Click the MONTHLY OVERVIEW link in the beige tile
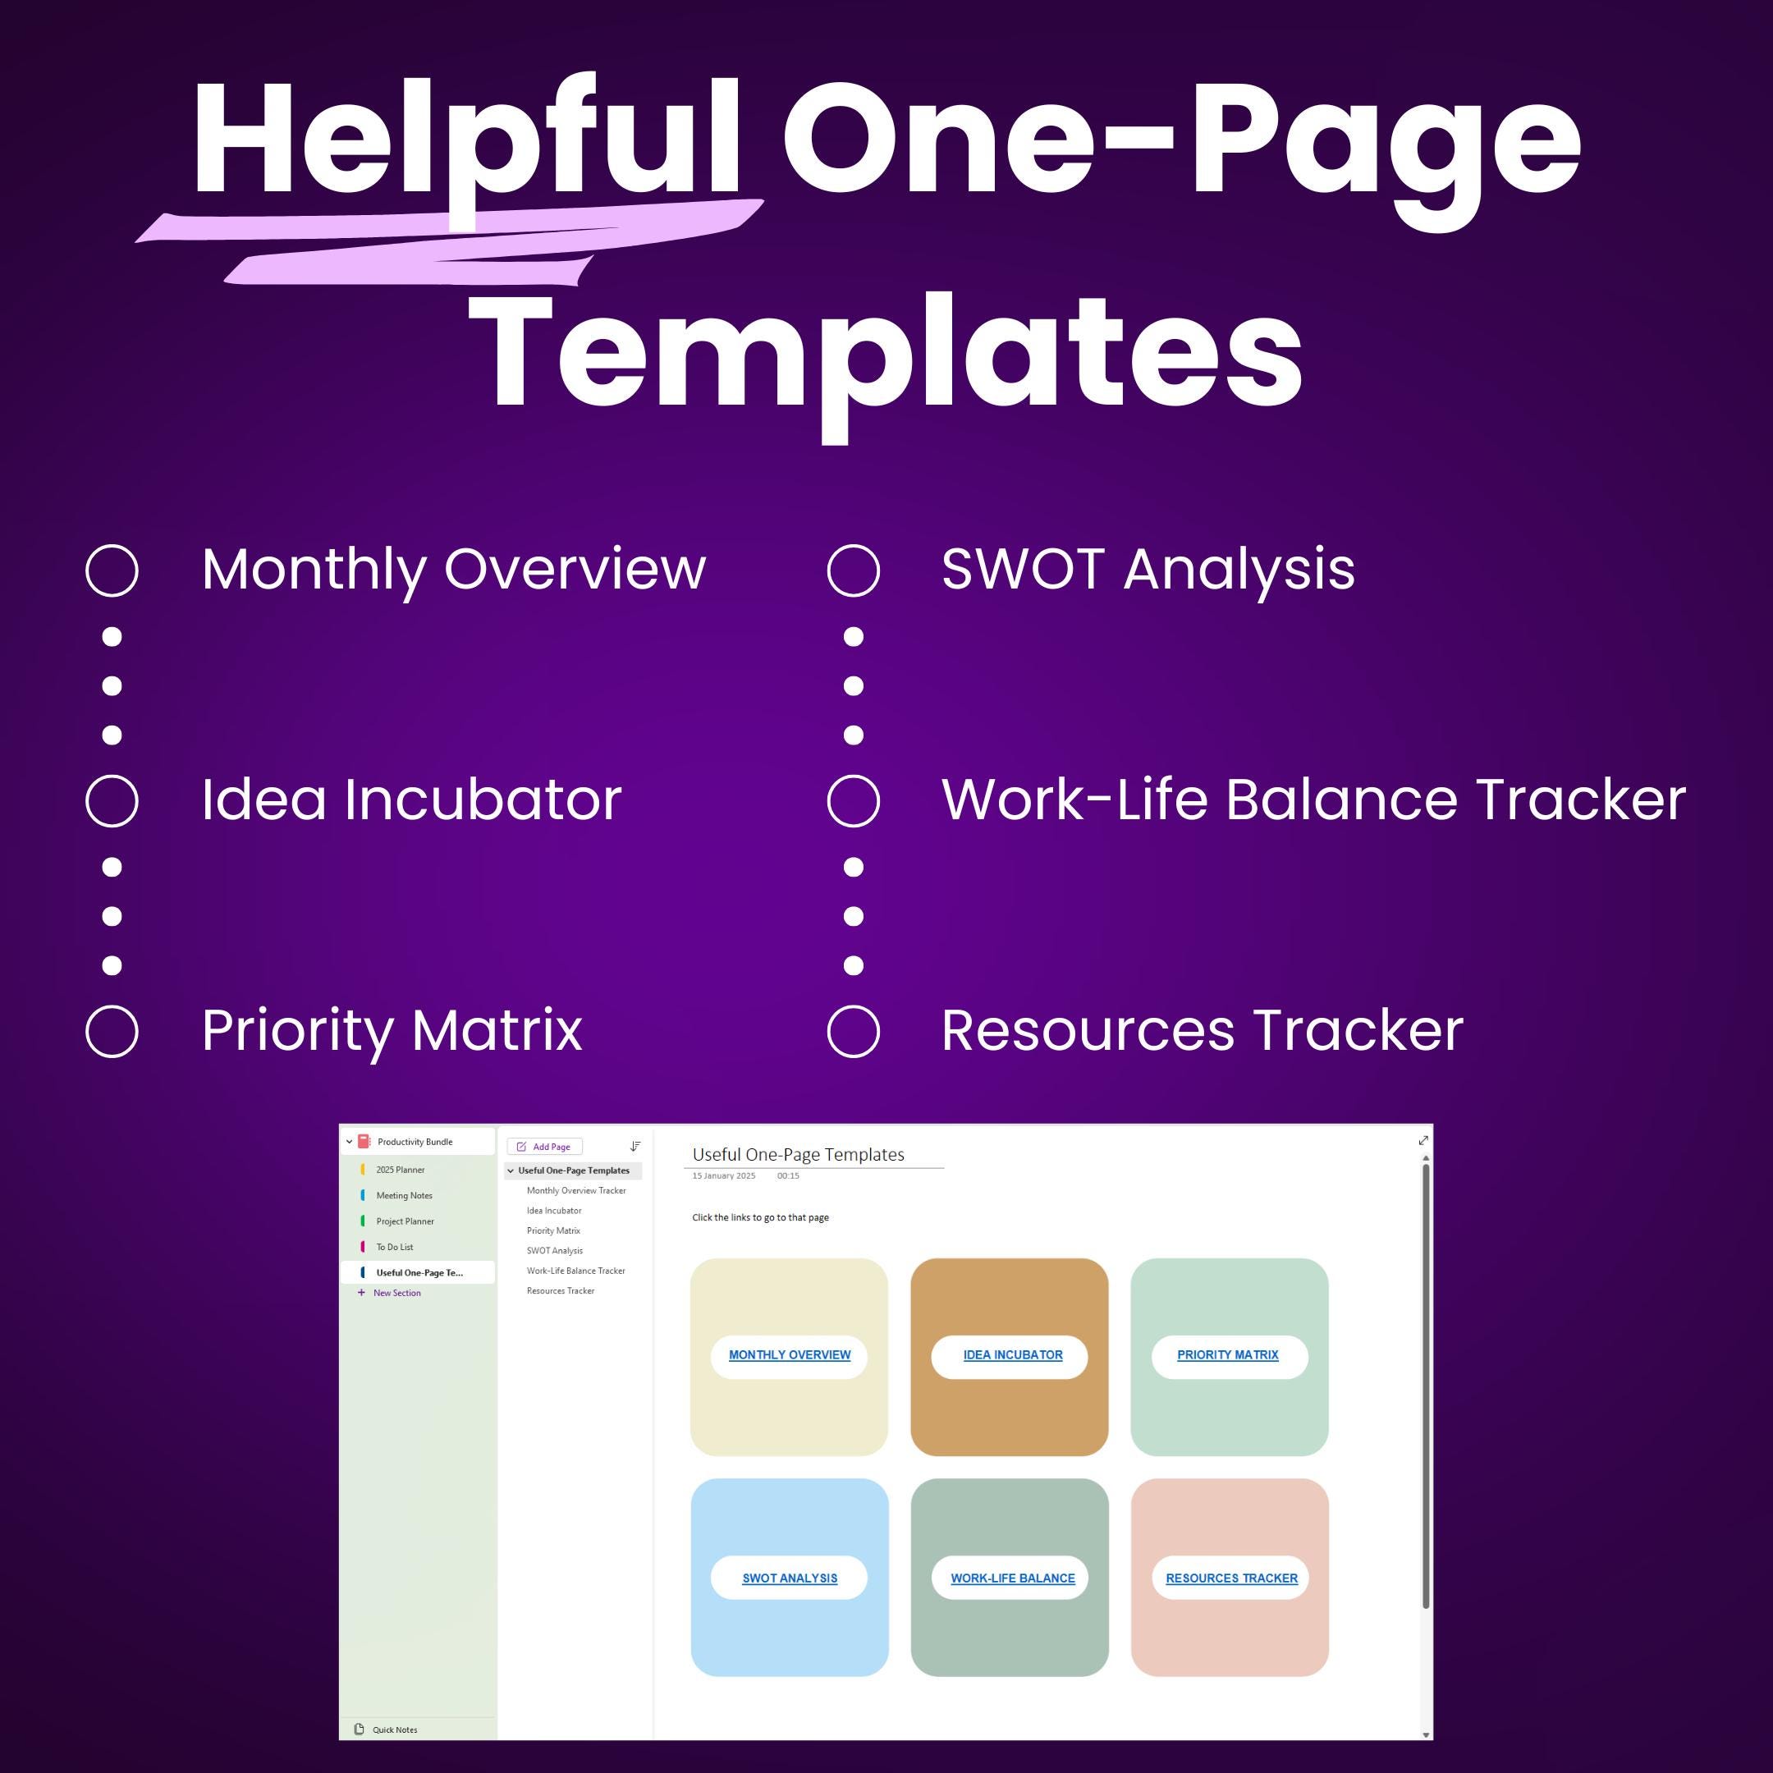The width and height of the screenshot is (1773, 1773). [789, 1354]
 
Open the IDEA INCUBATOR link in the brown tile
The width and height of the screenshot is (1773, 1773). [1012, 1354]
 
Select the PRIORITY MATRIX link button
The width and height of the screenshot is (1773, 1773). [1228, 1354]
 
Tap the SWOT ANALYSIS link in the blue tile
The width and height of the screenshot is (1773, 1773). [789, 1578]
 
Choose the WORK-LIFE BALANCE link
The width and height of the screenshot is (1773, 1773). [1012, 1578]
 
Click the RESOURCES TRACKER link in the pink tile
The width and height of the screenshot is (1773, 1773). [1231, 1578]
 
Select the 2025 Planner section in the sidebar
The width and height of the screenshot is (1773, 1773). [400, 1170]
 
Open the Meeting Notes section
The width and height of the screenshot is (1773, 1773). [404, 1196]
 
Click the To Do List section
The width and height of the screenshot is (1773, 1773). [395, 1247]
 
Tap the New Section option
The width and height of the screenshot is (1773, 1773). [396, 1293]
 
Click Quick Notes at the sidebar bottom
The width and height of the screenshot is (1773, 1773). [395, 1729]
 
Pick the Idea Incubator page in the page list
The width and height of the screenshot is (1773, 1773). [554, 1211]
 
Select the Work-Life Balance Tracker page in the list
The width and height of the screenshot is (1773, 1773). [575, 1271]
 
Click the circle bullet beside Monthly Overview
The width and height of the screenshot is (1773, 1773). [112, 570]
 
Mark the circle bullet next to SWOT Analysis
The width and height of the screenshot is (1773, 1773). [854, 570]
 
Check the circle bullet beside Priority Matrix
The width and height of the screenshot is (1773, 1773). [112, 1031]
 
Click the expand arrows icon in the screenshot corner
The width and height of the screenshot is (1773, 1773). [1423, 1141]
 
